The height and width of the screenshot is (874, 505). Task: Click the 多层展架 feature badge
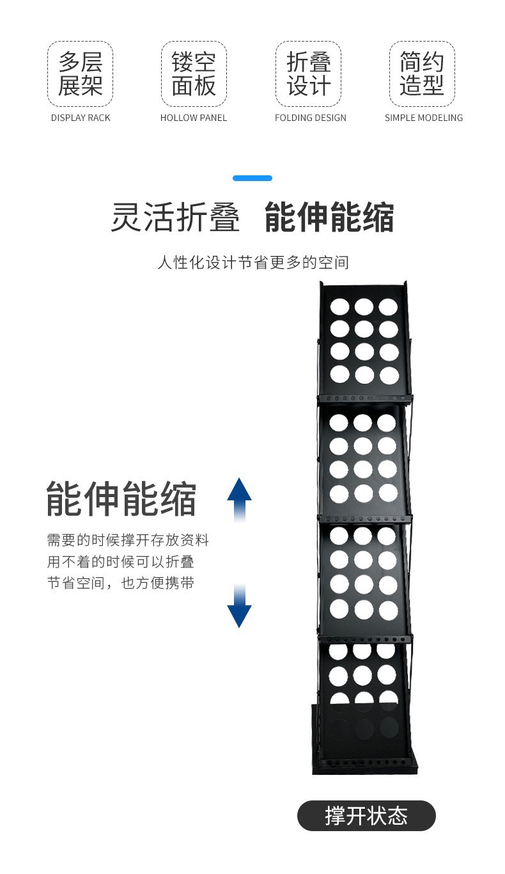(x=81, y=74)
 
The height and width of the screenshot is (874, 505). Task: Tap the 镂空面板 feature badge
(x=194, y=74)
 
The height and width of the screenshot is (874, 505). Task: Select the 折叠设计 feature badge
(x=309, y=74)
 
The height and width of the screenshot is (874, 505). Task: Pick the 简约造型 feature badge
(x=423, y=74)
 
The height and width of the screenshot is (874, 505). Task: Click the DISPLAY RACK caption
(x=81, y=118)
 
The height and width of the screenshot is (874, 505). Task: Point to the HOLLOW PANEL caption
(x=194, y=118)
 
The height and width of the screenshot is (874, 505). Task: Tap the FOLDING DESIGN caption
(x=311, y=118)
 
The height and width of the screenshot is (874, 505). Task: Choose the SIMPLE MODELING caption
(x=424, y=118)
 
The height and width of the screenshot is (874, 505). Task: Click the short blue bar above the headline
(x=252, y=179)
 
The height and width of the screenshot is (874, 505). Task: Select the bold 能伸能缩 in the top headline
(x=329, y=218)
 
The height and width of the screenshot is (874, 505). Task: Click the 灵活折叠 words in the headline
(x=175, y=218)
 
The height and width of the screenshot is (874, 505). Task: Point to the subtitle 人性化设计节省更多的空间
(x=253, y=262)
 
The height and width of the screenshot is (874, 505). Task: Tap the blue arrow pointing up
(x=239, y=500)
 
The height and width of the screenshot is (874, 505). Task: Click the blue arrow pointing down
(x=239, y=605)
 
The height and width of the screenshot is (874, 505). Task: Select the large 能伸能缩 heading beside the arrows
(x=121, y=499)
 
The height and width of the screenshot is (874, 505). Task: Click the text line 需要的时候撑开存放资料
(x=128, y=540)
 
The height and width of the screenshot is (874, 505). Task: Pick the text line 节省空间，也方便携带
(x=121, y=583)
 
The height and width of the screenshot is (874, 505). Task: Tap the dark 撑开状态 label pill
(x=366, y=816)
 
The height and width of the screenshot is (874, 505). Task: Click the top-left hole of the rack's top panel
(x=339, y=306)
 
